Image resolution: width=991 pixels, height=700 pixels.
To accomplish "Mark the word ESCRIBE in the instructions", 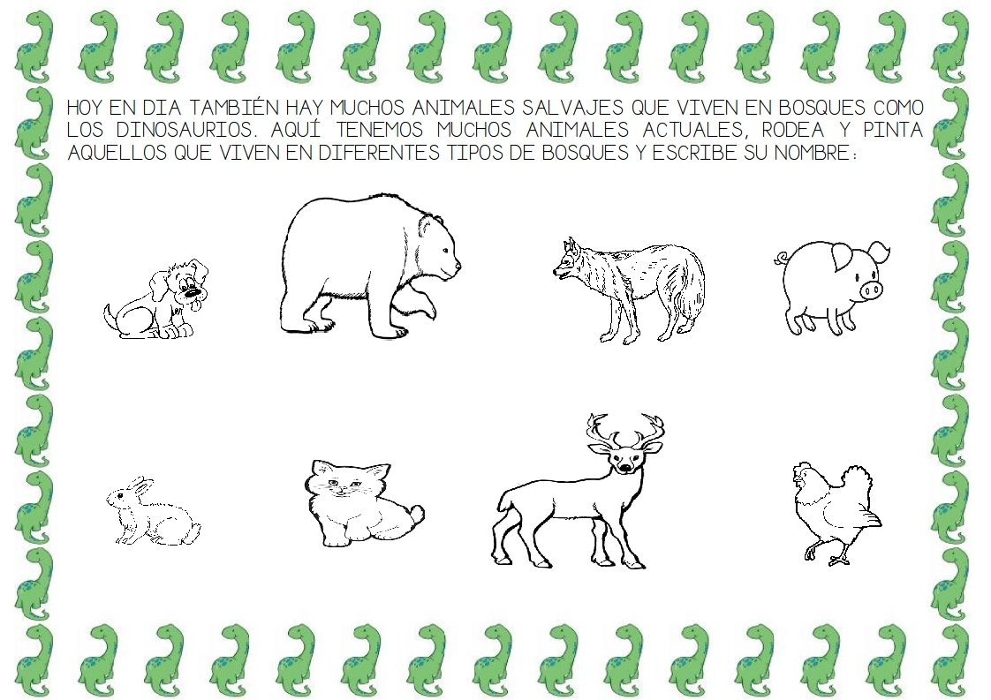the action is pos(694,153).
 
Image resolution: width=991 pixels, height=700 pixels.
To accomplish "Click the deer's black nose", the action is pos(624,467).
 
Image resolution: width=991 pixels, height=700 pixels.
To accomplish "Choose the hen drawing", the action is pos(836,512).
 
